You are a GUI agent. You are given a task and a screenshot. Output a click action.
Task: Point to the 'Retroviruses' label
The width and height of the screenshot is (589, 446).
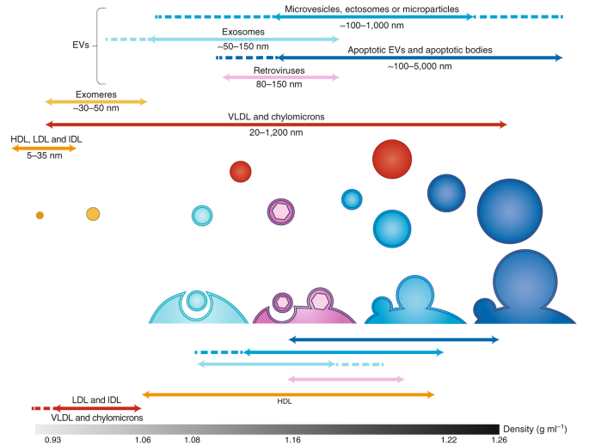tap(279, 69)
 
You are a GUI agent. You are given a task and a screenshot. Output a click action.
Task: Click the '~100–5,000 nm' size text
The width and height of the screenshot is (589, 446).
tap(420, 66)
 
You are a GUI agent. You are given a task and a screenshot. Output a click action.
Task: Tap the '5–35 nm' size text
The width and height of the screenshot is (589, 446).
tap(43, 156)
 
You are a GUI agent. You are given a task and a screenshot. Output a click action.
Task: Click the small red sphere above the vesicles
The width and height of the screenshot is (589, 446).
tap(241, 171)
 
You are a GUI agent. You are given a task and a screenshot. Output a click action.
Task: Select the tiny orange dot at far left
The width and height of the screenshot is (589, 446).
tap(40, 215)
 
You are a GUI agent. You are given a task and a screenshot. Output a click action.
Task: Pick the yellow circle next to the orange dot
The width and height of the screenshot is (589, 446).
tap(93, 214)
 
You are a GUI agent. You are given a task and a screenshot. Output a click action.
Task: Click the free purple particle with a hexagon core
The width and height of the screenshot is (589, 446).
tap(280, 211)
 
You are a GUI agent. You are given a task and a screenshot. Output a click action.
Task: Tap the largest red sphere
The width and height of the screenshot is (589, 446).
tap(392, 159)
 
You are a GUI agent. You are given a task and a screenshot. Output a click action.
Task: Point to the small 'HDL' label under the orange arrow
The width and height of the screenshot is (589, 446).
tap(285, 402)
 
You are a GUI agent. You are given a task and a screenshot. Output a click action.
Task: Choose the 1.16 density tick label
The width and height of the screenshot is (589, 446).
tap(293, 439)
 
